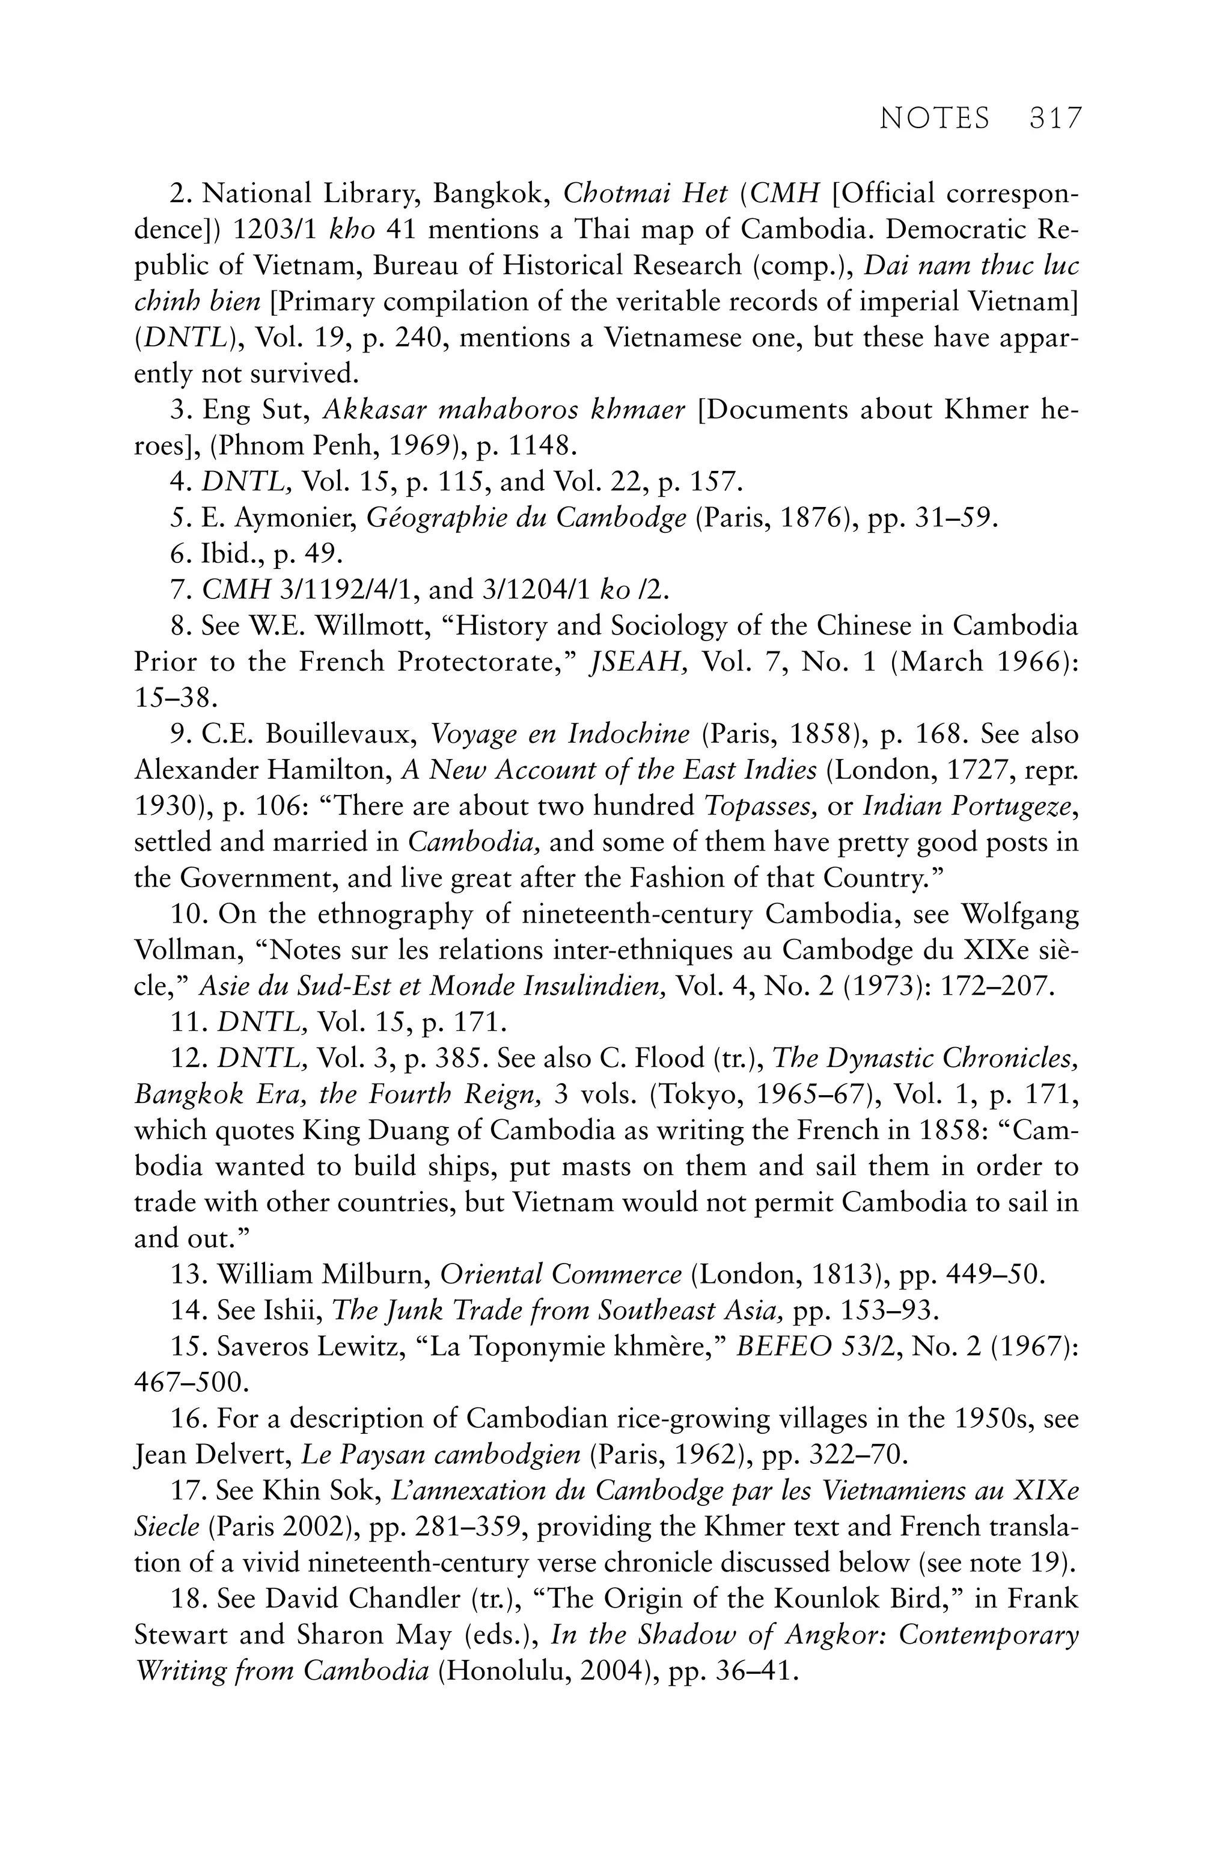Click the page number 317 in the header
point(1055,119)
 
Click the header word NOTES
point(934,119)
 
